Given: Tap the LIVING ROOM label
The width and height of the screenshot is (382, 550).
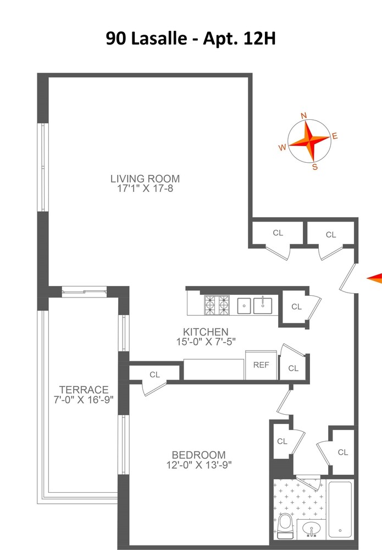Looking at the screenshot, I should pos(145,179).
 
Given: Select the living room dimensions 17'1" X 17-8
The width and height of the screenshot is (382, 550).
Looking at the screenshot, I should pos(145,189).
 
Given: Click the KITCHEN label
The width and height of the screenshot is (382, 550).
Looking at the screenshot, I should pos(205,332).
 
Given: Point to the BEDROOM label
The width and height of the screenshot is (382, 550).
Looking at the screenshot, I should pos(198,455).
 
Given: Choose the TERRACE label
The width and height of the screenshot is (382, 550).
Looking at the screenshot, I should pos(84,389).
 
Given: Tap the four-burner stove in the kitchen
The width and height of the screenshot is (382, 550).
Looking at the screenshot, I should pos(217,305).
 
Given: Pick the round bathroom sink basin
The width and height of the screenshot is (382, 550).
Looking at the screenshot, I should pos(311,529).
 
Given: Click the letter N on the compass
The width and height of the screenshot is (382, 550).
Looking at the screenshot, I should pos(303,116).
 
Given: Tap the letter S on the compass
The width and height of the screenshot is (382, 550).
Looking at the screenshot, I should pos(315,167).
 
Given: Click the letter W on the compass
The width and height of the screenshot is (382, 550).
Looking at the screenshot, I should pos(282,147).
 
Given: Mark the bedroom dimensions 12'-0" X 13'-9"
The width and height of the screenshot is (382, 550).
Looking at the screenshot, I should pos(198,465).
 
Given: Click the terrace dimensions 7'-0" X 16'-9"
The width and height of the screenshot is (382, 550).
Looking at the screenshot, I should pos(84,399).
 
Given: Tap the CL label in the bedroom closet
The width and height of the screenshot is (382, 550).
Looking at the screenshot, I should pos(154,375).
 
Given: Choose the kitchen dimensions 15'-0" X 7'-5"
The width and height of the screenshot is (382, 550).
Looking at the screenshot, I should pos(205,342).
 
